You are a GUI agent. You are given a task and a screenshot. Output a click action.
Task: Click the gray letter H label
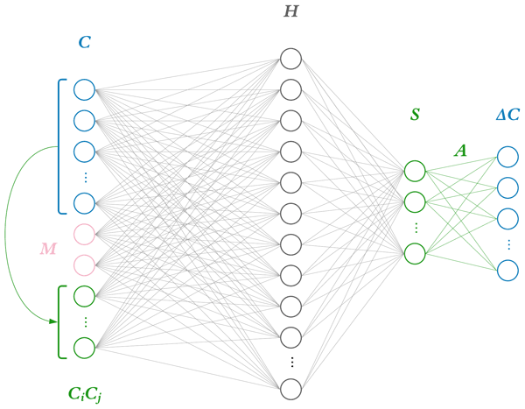pos(290,12)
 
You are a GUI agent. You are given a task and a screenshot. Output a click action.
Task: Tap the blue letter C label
pos(84,41)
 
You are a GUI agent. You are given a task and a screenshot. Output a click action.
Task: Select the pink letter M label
pos(48,250)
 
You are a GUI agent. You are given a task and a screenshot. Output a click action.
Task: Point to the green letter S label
pos(415,116)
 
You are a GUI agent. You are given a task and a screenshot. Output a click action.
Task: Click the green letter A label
pos(460,151)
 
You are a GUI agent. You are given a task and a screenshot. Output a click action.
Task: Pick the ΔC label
pos(507,116)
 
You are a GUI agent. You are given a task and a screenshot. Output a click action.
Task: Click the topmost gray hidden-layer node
pos(290,59)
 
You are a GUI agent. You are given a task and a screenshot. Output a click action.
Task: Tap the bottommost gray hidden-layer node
pos(290,389)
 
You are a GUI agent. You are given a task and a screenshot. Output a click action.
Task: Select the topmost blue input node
pos(84,88)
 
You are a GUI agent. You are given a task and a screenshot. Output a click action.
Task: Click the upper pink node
pos(84,234)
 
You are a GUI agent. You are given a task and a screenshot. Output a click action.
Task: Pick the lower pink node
pos(84,264)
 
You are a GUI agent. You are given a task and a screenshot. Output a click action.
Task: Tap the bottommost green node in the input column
pos(84,348)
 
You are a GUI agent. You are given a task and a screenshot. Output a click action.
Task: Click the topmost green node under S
pos(415,170)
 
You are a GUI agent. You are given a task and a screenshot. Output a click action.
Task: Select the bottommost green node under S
pos(415,253)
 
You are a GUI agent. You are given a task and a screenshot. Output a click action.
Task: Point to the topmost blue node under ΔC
pos(507,157)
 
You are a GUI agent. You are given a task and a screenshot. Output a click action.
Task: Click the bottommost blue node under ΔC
pos(507,270)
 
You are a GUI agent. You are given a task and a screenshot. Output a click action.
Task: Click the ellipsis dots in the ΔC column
pos(507,243)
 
